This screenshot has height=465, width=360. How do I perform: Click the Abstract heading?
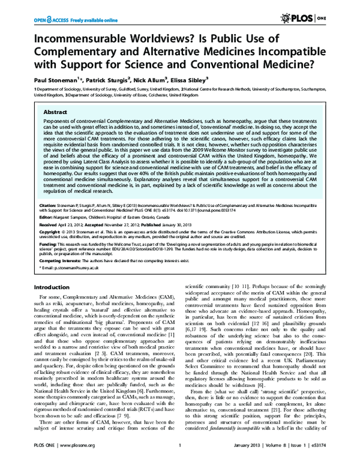click(56, 112)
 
